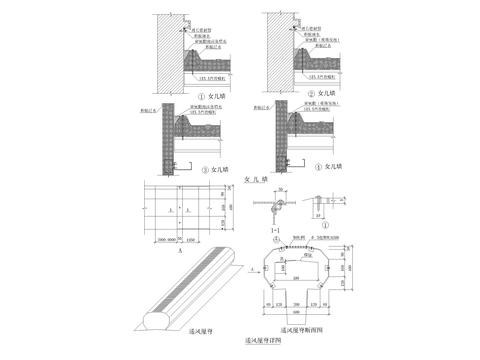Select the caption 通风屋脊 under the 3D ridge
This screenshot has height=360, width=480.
[187, 326]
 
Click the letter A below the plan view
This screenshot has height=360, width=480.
[179, 255]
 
